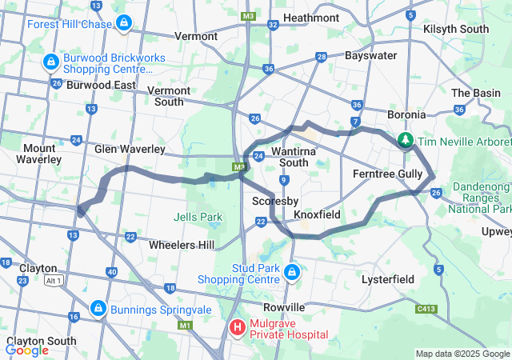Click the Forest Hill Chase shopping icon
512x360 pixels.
click(122, 23)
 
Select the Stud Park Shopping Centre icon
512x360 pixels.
click(292, 272)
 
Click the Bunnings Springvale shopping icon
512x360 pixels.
click(98, 307)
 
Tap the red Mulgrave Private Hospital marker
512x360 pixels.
click(238, 326)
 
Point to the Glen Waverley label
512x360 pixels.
click(130, 150)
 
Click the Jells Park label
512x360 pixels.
click(198, 217)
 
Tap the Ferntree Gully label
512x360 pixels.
click(387, 174)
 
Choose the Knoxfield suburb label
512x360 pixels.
click(317, 215)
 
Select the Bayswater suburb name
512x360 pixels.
click(370, 56)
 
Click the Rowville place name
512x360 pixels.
click(285, 307)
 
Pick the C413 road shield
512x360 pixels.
click(426, 308)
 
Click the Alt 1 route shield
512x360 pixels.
click(54, 281)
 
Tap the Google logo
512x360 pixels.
click(27, 350)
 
